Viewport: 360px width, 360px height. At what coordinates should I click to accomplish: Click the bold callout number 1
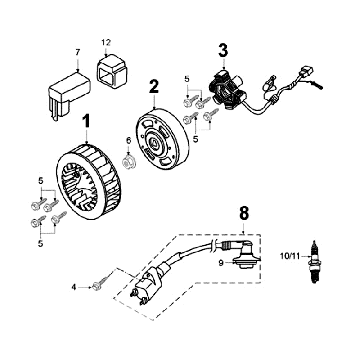point(86,127)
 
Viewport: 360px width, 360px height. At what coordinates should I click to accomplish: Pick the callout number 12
point(105,42)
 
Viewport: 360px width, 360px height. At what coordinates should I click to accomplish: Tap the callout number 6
point(127,139)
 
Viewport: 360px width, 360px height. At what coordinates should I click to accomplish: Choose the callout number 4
point(73,288)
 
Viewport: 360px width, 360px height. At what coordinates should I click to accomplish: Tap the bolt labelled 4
point(94,286)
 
